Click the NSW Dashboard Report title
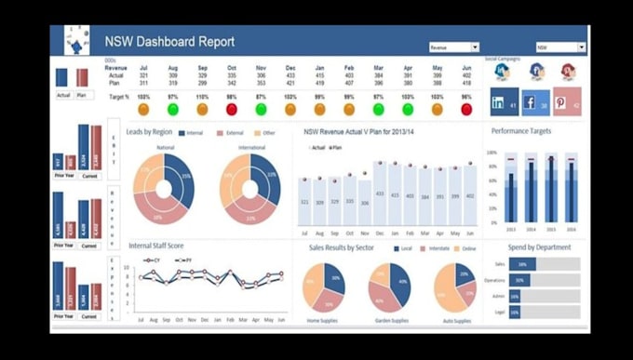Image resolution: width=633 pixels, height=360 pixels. coord(168,42)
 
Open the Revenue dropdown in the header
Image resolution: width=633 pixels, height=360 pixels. coord(453,47)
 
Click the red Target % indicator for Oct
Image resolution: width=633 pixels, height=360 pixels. coord(232,109)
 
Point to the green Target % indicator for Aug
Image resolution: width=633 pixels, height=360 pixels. coord(172,109)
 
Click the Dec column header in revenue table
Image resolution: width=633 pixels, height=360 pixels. coord(290,68)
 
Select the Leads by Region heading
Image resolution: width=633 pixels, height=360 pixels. coord(149,132)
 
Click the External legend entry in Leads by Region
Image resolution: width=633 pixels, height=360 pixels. coord(232,133)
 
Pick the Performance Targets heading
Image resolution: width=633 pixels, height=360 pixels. coord(520,131)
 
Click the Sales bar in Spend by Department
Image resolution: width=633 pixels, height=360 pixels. coord(522,264)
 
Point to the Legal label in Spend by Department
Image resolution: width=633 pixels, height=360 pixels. coord(500,313)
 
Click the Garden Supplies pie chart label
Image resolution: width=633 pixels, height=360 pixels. coord(391,320)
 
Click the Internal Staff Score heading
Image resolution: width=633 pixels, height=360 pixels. coord(155,246)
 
